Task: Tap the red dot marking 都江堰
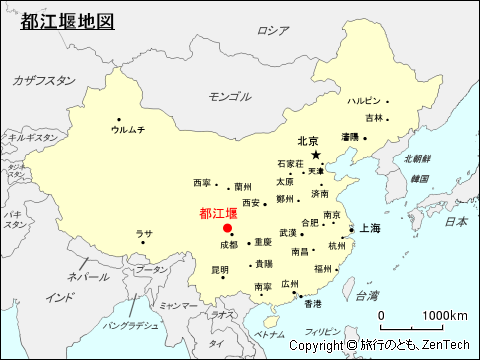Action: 227,228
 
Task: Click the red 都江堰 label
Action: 218,213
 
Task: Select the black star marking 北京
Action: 316,155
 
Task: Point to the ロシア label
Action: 272,31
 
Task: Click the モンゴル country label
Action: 229,97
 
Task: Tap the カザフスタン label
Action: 43,80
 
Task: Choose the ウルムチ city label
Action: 128,130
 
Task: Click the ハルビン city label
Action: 364,101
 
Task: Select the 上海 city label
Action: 370,228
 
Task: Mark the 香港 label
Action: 313,303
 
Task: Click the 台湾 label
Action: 367,296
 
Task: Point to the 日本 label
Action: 456,221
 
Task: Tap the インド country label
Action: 60,297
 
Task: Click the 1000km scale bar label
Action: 445,316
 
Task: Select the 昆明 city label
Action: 220,269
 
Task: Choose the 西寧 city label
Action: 202,183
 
